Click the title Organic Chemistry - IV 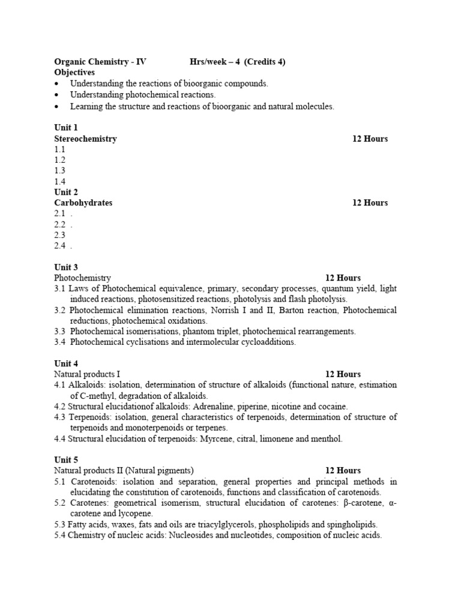100,61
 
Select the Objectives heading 74,72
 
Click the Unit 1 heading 66,128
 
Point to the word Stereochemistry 85,139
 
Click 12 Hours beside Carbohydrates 370,203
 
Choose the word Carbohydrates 83,203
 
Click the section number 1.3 60,171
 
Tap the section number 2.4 60,246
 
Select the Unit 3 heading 66,267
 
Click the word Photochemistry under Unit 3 82,278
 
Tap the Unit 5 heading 66,460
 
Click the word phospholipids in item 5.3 257,525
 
